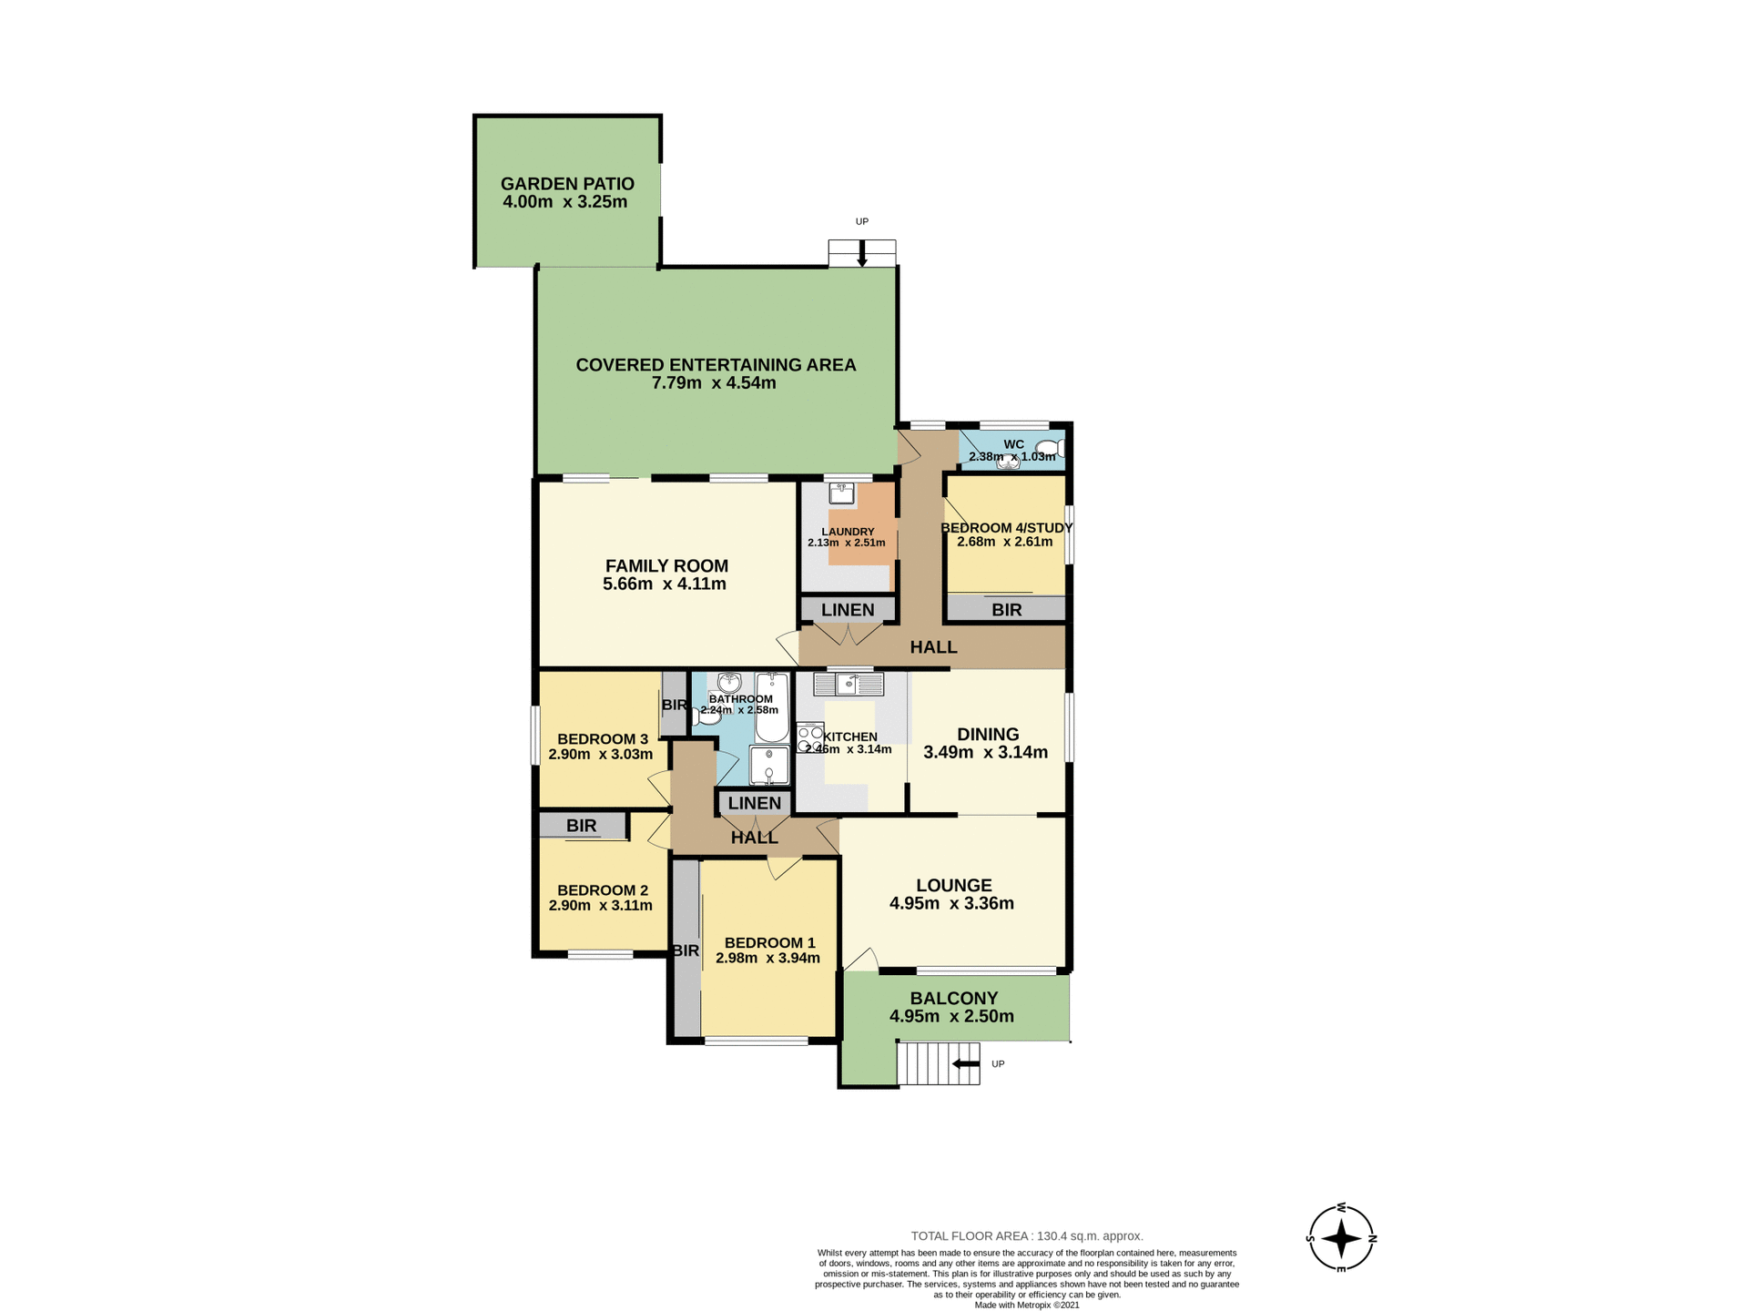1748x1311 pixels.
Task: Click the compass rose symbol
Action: (1341, 1238)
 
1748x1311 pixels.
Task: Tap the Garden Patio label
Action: (567, 184)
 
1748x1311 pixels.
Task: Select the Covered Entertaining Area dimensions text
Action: (714, 383)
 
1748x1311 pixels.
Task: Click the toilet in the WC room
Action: (1052, 448)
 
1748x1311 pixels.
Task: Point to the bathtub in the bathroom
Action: (771, 708)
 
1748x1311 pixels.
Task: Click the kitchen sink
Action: (849, 684)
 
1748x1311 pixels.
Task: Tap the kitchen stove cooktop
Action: (809, 737)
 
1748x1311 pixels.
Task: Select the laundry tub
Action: (841, 493)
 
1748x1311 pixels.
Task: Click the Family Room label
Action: (666, 566)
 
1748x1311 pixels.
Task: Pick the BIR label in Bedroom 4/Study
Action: (1006, 610)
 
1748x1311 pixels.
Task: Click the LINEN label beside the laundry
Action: (848, 610)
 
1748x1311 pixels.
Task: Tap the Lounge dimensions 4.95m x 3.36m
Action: (951, 904)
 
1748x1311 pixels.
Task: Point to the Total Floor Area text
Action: (1027, 1236)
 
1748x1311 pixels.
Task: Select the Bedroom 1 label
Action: (769, 943)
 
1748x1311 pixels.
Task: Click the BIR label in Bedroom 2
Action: (582, 826)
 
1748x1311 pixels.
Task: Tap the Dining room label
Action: (988, 735)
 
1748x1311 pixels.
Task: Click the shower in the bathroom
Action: (769, 765)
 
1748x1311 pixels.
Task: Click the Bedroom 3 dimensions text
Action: (601, 755)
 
